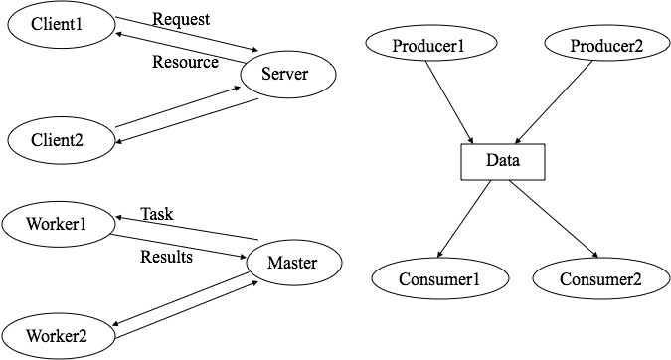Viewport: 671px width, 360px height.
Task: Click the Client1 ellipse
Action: (62, 25)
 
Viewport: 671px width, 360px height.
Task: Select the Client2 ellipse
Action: (62, 140)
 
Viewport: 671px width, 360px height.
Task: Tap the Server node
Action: (288, 75)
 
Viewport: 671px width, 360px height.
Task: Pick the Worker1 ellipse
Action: (59, 224)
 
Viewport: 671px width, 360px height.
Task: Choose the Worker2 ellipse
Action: (59, 336)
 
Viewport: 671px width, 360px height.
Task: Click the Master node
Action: (293, 263)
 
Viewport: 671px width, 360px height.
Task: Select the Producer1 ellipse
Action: (430, 43)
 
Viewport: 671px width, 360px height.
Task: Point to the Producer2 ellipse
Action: (606, 43)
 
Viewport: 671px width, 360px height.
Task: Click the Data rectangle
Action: (503, 162)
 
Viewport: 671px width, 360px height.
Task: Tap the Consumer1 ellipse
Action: (440, 278)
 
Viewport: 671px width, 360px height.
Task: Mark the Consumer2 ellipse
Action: (601, 278)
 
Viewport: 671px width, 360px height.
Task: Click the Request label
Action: (181, 19)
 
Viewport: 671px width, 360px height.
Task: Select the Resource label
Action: (185, 62)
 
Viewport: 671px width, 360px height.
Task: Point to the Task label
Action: (157, 214)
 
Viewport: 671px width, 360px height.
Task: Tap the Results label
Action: (166, 257)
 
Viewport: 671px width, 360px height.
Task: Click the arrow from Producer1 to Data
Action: (449, 102)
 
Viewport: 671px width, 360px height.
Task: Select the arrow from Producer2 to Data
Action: (554, 102)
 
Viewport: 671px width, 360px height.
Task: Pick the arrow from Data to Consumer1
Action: (464, 219)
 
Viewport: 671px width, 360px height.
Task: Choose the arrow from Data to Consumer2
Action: (554, 219)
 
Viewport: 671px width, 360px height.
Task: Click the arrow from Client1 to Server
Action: (187, 34)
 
